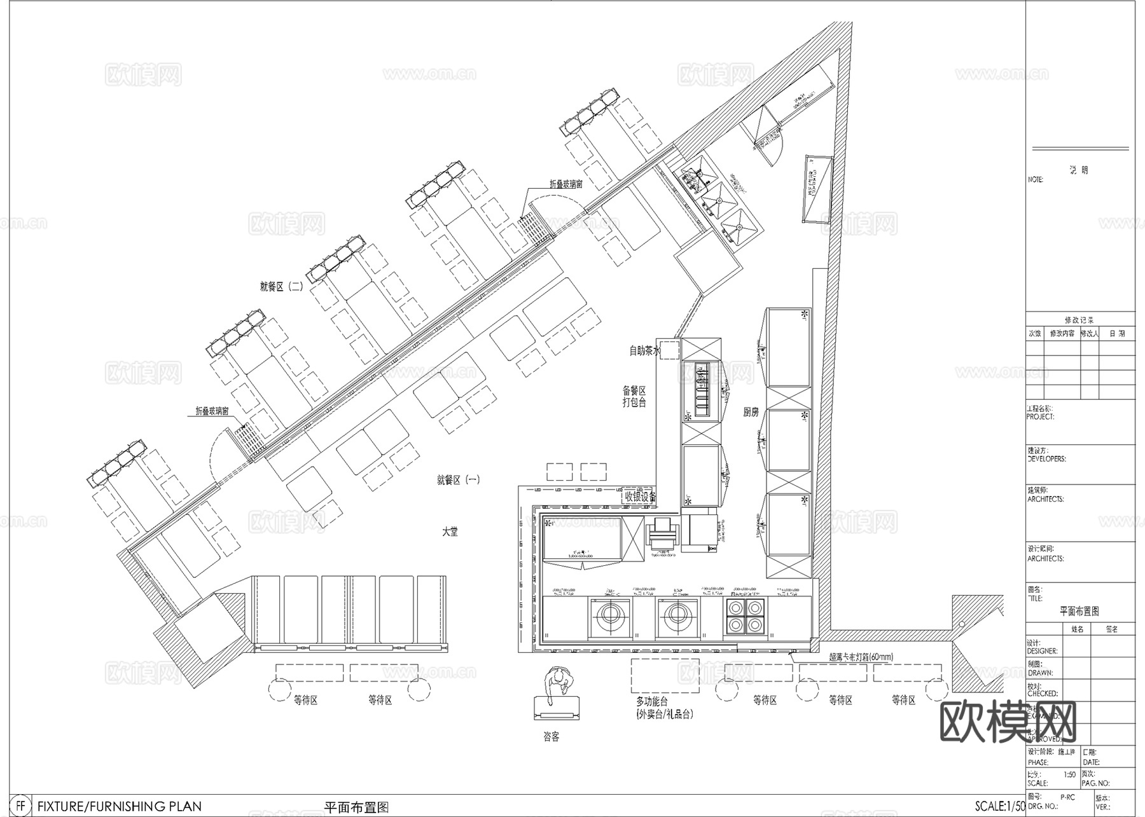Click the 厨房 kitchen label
pyautogui.click(x=751, y=413)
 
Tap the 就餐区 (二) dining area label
pyautogui.click(x=281, y=287)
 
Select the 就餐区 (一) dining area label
pyautogui.click(x=458, y=480)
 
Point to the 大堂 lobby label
pyautogui.click(x=450, y=532)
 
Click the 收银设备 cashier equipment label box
pyautogui.click(x=639, y=497)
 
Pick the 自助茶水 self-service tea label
pyautogui.click(x=645, y=350)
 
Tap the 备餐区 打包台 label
pyautogui.click(x=634, y=396)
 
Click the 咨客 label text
pyautogui.click(x=551, y=737)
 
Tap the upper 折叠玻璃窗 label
pyautogui.click(x=566, y=184)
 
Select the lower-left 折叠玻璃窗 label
pyautogui.click(x=212, y=411)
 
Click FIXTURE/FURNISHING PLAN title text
pyautogui.click(x=120, y=807)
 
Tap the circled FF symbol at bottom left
pyautogui.click(x=22, y=806)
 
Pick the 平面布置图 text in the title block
pyautogui.click(x=1079, y=611)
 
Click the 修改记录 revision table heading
pyautogui.click(x=1079, y=320)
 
